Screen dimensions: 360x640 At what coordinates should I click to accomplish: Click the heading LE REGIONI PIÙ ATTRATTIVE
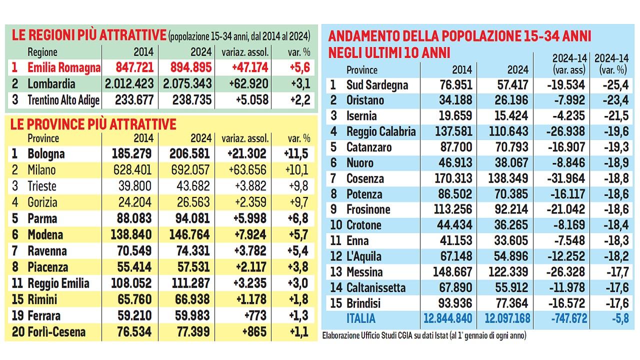tap(88, 35)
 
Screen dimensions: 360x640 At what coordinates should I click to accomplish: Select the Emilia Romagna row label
tap(64, 67)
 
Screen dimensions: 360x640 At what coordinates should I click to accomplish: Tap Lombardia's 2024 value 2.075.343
tap(187, 83)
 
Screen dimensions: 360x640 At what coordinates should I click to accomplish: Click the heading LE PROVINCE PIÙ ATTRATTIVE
tap(93, 124)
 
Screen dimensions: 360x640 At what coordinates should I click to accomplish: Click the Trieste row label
tap(42, 186)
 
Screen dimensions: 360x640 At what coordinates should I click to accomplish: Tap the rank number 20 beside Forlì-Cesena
tap(17, 332)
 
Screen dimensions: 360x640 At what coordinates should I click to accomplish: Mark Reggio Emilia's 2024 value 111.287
tap(187, 283)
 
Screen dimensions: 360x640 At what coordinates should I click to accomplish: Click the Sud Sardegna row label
tap(377, 85)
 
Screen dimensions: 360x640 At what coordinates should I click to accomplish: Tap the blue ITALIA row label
tap(360, 318)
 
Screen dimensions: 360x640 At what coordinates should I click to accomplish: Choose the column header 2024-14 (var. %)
tap(610, 64)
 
